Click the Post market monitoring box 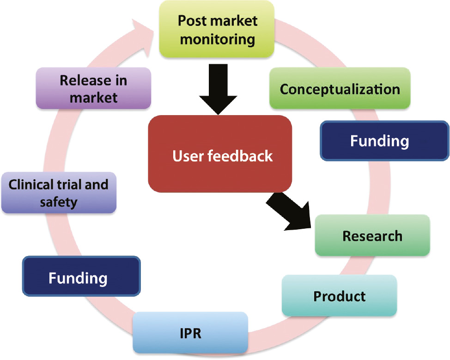[217, 30]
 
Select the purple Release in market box [93, 88]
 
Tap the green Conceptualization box [340, 89]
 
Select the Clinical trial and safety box [59, 193]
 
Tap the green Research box [372, 236]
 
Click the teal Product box [340, 296]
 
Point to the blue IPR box [190, 333]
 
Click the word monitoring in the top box [217, 39]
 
